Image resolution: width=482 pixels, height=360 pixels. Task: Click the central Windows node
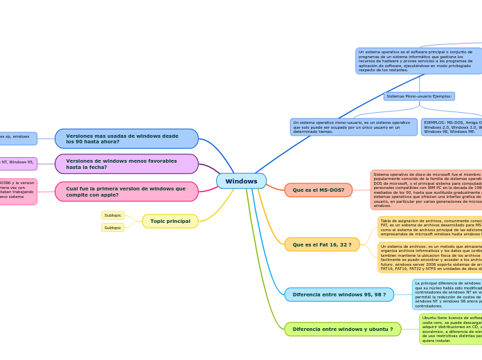coord(241,181)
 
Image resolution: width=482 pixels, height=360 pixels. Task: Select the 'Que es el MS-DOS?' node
coord(319,190)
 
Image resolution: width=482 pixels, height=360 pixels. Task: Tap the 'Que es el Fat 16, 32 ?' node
coord(322,244)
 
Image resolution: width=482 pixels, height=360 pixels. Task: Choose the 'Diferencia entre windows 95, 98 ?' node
coord(339,295)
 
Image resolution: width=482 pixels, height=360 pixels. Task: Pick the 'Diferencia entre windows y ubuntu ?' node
coord(342,330)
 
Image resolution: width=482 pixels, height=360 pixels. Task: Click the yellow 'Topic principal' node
coord(170,222)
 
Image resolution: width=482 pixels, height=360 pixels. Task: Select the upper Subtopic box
coord(113,215)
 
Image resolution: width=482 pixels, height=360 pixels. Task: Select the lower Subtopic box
coord(113,228)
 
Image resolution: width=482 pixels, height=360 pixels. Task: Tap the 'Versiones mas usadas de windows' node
coord(127,138)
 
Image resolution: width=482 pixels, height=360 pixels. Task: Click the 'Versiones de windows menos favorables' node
coord(127,164)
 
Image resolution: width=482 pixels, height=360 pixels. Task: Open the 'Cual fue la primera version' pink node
coord(127,192)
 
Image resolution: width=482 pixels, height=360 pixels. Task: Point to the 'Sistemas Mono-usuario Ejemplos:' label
coord(419,96)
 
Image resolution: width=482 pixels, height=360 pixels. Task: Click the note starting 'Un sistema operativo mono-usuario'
coord(352,127)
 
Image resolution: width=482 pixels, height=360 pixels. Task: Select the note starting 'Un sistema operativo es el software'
coord(418,61)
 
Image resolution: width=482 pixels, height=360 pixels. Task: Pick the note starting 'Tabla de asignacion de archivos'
coord(430,227)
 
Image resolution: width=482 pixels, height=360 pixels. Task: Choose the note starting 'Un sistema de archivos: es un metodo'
coord(430,258)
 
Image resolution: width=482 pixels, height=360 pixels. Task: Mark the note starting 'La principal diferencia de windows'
coord(447,294)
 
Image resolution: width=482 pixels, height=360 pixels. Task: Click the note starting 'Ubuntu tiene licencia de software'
coord(451,329)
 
